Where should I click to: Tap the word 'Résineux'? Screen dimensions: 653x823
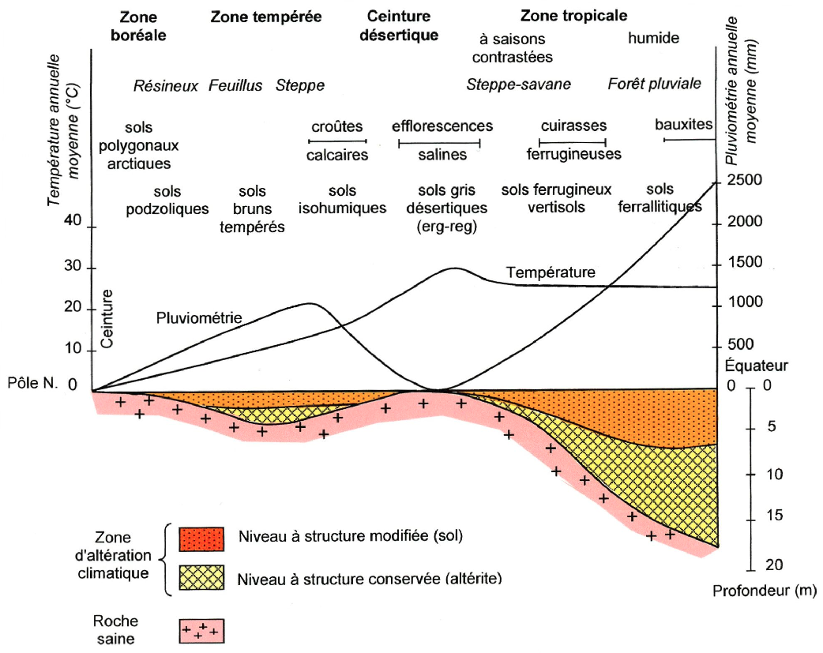pyautogui.click(x=165, y=85)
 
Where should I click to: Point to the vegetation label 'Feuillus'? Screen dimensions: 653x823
pyautogui.click(x=235, y=85)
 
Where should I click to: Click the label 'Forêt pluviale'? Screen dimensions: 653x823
pyautogui.click(x=654, y=84)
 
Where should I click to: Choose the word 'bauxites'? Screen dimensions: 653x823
pyautogui.click(x=683, y=125)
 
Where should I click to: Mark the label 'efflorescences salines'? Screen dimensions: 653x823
pyautogui.click(x=442, y=140)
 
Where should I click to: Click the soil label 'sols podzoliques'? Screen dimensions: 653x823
pyautogui.click(x=167, y=200)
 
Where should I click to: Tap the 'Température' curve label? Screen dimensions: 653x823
pyautogui.click(x=550, y=272)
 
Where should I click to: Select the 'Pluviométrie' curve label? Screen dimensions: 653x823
pyautogui.click(x=197, y=318)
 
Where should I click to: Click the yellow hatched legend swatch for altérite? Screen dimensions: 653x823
pyautogui.click(x=202, y=578)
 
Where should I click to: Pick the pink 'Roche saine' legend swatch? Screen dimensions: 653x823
pyautogui.click(x=202, y=631)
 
